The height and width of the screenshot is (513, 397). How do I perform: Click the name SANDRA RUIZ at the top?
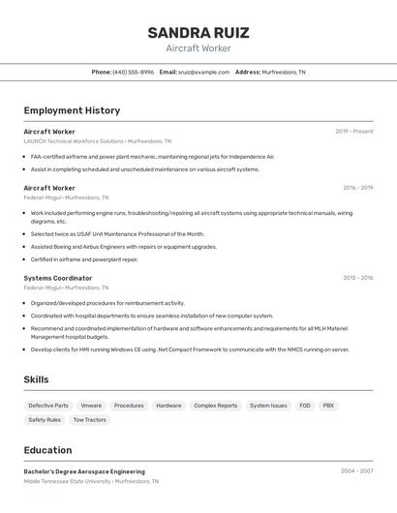pos(198,33)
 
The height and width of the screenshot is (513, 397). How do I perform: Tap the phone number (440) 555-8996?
pos(133,73)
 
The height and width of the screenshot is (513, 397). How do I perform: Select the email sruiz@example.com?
pos(203,73)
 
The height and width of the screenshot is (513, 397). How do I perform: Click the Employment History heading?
pos(72,110)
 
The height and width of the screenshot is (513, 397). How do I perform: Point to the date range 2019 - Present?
pos(354,132)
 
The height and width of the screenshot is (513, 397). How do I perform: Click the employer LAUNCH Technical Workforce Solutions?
pos(74,141)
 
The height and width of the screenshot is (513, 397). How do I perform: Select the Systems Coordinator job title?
pos(58,278)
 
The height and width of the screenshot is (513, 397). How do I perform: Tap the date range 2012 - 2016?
pos(357,278)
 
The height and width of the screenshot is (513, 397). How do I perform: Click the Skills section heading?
pos(36,379)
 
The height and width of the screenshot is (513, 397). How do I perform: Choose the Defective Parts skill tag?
pos(48,406)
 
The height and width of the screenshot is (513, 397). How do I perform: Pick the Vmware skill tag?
pos(91,406)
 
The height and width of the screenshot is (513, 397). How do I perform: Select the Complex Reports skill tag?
pos(215,406)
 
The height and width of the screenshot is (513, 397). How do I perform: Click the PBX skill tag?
pos(328,406)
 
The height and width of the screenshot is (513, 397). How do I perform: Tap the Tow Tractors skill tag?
pos(89,420)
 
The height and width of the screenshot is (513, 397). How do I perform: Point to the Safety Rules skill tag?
pos(45,420)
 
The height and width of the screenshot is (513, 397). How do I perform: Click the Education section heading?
pos(47,450)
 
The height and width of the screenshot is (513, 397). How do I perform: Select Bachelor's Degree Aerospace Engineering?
pos(84,471)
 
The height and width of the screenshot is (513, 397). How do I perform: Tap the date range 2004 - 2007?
pos(356,471)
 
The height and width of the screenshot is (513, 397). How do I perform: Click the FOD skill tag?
pos(305,406)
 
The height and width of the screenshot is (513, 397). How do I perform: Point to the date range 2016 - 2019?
pos(357,188)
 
